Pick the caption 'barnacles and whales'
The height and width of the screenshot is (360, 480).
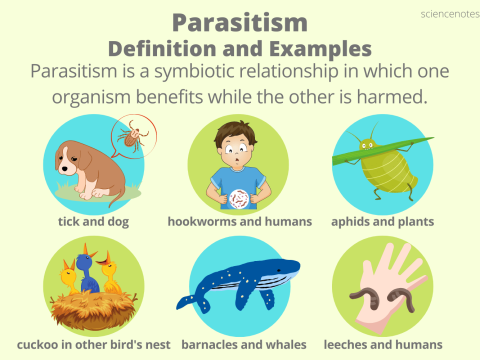[240, 344]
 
